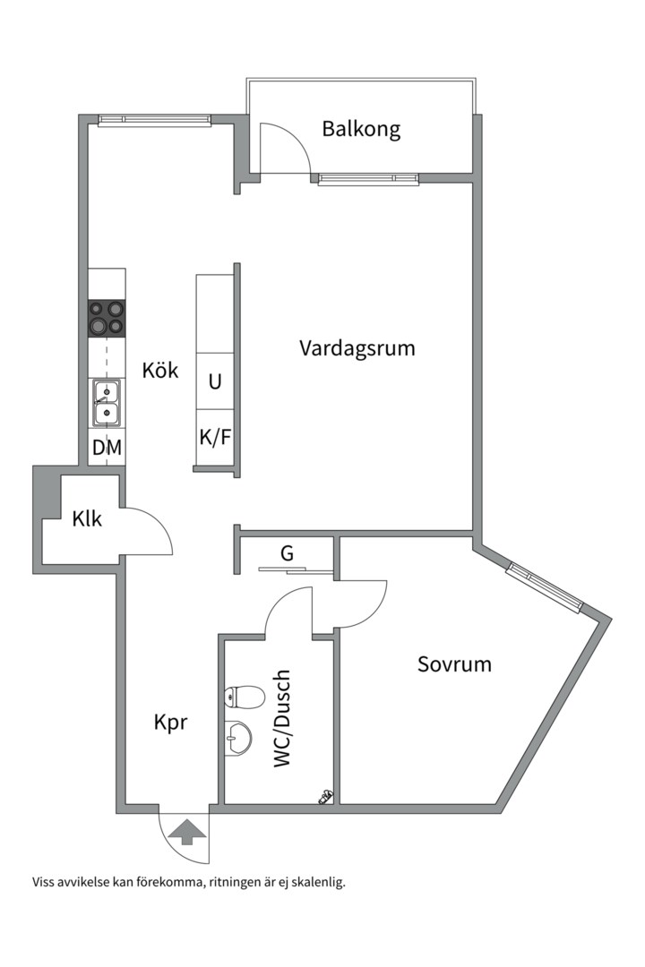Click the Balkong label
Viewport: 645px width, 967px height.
(361, 130)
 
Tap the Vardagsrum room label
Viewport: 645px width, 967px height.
(357, 347)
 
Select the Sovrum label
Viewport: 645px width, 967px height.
(454, 664)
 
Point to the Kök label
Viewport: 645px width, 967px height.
(160, 370)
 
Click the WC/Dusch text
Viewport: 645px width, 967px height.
(281, 718)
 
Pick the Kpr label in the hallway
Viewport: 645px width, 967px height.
(170, 723)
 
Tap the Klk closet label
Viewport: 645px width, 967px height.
(87, 519)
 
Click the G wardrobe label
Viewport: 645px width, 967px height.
(287, 554)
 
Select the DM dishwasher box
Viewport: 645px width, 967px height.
(107, 447)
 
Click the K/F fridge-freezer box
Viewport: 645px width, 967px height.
(215, 437)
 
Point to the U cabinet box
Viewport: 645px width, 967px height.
(215, 381)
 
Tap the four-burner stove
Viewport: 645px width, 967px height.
(107, 318)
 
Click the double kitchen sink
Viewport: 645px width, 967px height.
(107, 403)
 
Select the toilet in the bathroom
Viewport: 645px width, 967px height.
(245, 697)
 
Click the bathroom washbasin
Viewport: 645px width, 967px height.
(238, 738)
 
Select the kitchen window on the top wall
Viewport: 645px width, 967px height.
(155, 120)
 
